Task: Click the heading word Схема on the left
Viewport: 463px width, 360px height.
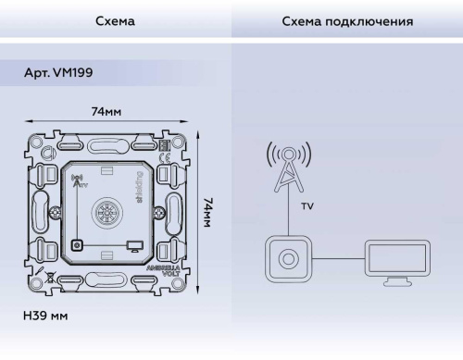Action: coord(115,19)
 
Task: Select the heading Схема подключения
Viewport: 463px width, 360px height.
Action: coord(346,19)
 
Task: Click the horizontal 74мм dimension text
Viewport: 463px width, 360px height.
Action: coord(107,112)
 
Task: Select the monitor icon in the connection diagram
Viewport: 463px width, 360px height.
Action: coord(395,260)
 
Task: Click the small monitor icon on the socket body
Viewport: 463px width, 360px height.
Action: coord(135,244)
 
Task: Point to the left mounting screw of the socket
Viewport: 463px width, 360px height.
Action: coord(77,245)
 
